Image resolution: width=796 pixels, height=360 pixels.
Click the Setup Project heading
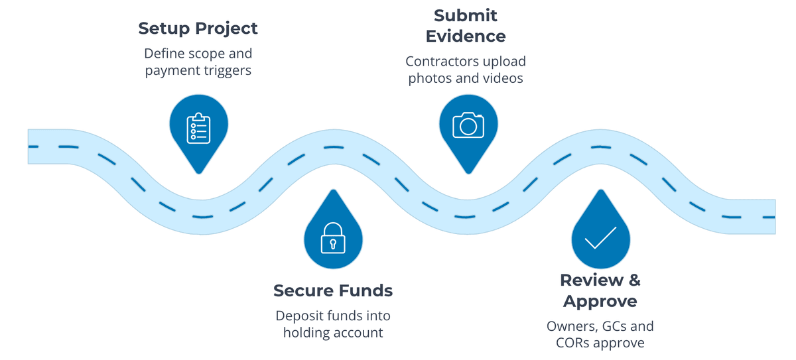(198, 29)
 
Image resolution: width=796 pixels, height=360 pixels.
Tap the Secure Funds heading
(333, 290)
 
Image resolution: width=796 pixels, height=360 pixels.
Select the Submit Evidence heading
(466, 25)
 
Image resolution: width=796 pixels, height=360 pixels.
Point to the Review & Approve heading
(600, 290)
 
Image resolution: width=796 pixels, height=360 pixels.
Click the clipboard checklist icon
(198, 127)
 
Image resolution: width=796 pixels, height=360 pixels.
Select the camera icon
(468, 124)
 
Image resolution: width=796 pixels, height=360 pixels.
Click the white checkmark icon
(600, 237)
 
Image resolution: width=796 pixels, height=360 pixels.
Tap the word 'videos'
(502, 78)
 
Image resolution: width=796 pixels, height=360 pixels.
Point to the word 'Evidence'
(466, 36)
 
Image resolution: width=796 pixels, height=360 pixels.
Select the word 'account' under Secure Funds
(360, 332)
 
